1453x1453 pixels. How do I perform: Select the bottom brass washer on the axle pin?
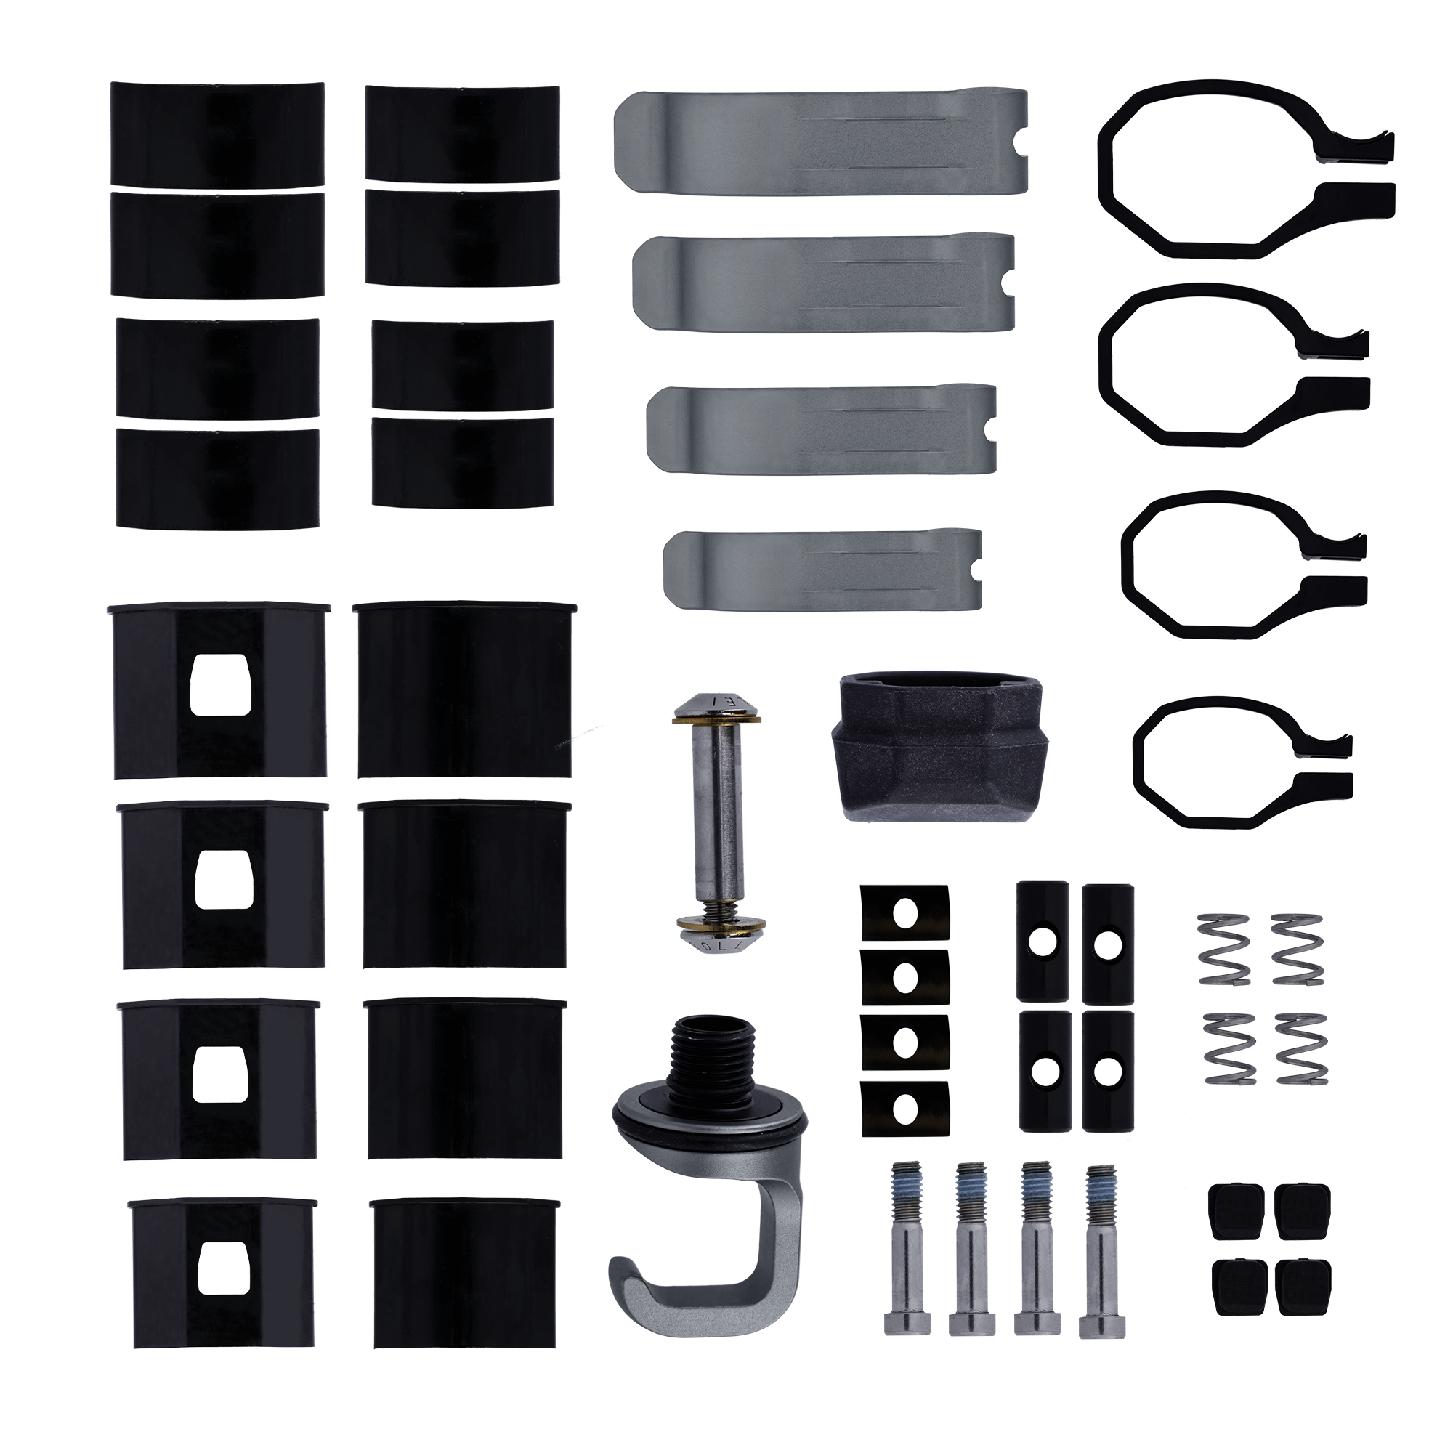[x=720, y=922]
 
